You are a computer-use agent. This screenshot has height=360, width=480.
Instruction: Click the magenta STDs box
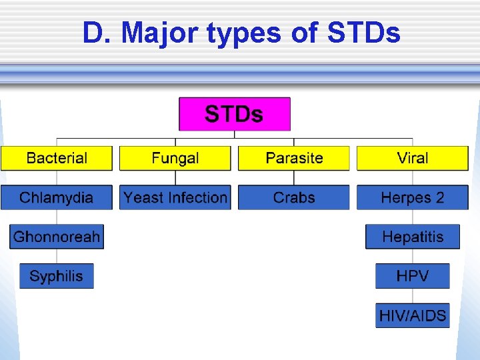pyautogui.click(x=235, y=114)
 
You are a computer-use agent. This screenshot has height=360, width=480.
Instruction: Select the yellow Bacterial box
pyautogui.click(x=57, y=158)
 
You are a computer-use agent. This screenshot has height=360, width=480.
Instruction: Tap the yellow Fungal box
pyautogui.click(x=175, y=158)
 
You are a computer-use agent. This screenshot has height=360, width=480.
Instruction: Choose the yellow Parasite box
pyautogui.click(x=294, y=158)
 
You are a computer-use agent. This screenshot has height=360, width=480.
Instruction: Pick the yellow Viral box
pyautogui.click(x=413, y=158)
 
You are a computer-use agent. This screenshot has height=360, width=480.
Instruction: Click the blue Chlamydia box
pyautogui.click(x=57, y=197)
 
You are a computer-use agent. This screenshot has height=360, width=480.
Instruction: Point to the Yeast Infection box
pyautogui.click(x=175, y=197)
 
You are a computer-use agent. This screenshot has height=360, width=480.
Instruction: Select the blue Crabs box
pyautogui.click(x=294, y=197)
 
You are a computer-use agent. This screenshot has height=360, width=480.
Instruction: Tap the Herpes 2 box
pyautogui.click(x=413, y=197)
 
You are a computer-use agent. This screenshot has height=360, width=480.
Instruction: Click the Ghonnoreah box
pyautogui.click(x=57, y=237)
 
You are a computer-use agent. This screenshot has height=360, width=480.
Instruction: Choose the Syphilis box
pyautogui.click(x=57, y=276)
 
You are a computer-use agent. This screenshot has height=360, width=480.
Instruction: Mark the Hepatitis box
pyautogui.click(x=413, y=237)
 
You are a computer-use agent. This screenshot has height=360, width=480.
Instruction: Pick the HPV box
pyautogui.click(x=413, y=276)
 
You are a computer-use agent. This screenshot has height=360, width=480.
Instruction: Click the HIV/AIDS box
pyautogui.click(x=413, y=315)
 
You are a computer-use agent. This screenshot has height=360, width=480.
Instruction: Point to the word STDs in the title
pyautogui.click(x=364, y=33)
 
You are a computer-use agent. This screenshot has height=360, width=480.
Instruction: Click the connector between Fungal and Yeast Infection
pyautogui.click(x=175, y=178)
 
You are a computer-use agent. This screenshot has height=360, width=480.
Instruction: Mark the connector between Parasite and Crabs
pyautogui.click(x=294, y=178)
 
